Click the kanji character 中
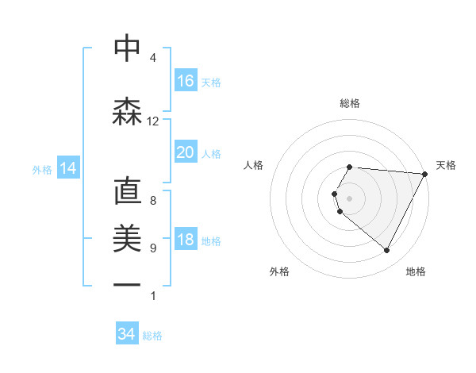(127, 48)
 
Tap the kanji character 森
(127, 112)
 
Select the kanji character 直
(127, 193)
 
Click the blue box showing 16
(186, 80)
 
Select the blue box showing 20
(186, 152)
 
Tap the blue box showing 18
(186, 240)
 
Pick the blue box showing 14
(68, 168)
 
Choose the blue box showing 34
(127, 334)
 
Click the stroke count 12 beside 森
(153, 121)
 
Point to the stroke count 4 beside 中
(153, 58)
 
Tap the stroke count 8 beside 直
(153, 201)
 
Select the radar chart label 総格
(350, 103)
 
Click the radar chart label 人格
(254, 165)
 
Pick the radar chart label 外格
(279, 271)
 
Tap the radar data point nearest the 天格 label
(425, 174)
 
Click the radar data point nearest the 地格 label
(387, 251)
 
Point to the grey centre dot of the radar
(350, 198)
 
